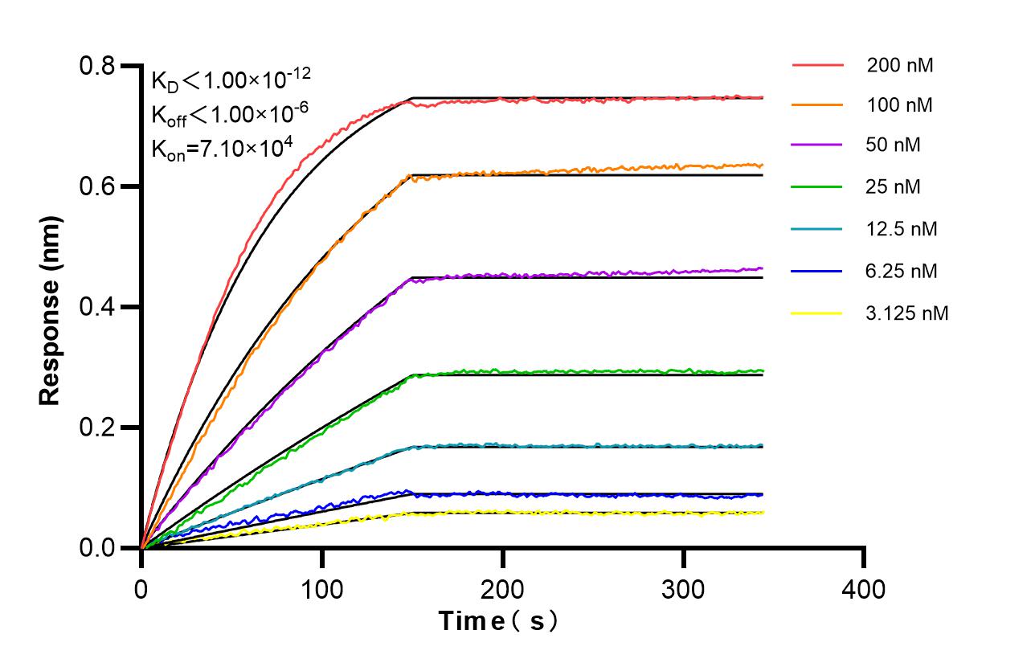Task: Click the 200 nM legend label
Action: [x=899, y=65]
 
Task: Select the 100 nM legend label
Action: [x=899, y=105]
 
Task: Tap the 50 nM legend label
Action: [x=894, y=145]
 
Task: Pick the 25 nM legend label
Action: [x=894, y=187]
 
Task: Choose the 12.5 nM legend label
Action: [x=902, y=229]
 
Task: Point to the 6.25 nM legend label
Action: [x=902, y=271]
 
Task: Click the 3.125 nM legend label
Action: [x=907, y=313]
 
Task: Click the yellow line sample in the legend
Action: [x=817, y=313]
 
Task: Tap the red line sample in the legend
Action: [x=817, y=65]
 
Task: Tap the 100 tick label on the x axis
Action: [x=322, y=589]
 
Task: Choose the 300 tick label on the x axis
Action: [x=683, y=589]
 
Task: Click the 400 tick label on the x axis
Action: [x=864, y=589]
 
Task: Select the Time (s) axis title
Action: [x=497, y=621]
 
